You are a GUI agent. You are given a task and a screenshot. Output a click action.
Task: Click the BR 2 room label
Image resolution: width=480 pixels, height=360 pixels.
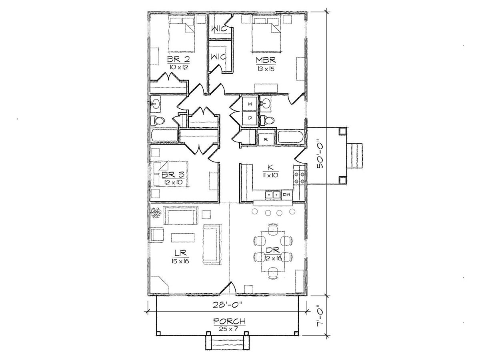[x=178, y=59]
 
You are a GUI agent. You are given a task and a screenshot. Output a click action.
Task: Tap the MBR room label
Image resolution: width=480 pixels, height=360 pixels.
[x=266, y=60]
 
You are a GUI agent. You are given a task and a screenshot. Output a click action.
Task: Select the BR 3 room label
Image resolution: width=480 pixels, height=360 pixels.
[x=173, y=174]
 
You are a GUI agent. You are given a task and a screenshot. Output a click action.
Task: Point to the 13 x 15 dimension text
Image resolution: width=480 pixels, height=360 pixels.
[x=266, y=69]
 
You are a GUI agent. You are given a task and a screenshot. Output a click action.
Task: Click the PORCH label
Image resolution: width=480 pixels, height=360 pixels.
[x=229, y=321]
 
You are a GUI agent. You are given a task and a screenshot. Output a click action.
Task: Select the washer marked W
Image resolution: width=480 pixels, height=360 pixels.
[x=250, y=104]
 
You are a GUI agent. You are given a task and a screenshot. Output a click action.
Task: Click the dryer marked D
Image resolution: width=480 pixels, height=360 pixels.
[x=250, y=118]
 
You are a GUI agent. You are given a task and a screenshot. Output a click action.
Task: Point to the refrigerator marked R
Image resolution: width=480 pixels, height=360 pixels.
[x=266, y=139]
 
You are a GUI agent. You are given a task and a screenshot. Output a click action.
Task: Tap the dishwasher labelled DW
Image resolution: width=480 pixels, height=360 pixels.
[x=287, y=194]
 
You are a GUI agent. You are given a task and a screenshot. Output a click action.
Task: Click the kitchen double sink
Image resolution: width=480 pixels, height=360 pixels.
[x=273, y=194]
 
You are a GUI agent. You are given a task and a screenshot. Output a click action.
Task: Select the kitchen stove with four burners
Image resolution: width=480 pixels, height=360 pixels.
[x=299, y=178]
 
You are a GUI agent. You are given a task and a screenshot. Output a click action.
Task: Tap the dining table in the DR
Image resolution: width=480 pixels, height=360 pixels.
[x=273, y=251]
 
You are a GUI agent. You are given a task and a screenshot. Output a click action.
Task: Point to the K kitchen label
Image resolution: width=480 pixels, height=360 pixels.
[x=270, y=168]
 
